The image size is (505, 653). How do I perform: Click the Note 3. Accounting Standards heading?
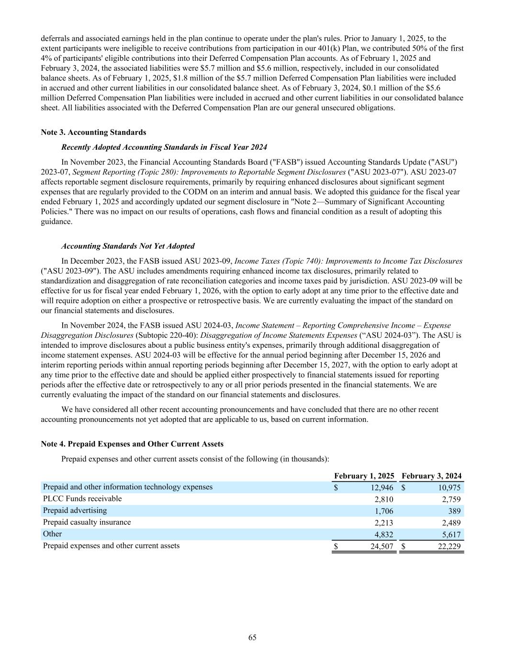pos(94,132)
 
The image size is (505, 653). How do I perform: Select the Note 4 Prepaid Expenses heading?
pos(132,444)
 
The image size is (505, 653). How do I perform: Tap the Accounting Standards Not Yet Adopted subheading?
pos(128,246)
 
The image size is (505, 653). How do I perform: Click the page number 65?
pos(252,637)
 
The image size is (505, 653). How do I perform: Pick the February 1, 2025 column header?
pos(364,476)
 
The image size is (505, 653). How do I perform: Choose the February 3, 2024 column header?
pos(432,476)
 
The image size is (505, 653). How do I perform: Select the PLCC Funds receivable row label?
pos(82,498)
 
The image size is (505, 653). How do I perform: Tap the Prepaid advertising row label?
pos(75,510)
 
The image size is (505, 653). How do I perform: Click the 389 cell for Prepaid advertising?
pos(455,511)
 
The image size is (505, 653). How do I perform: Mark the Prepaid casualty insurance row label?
pos(87,522)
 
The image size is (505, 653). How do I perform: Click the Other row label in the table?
pos(52,533)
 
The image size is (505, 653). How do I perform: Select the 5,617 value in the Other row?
pos(451,535)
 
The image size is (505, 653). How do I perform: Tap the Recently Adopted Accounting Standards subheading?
pos(164,147)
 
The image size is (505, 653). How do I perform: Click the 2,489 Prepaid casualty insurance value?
pos(451,523)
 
